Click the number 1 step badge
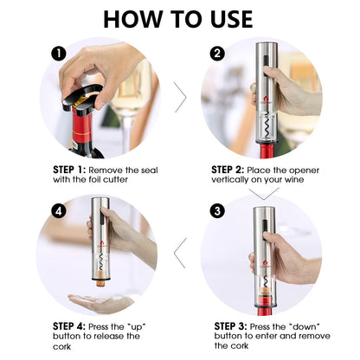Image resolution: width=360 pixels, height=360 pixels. click(58, 53)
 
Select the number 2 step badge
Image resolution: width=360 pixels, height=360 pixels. click(217, 53)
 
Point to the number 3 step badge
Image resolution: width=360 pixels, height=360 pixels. click(217, 210)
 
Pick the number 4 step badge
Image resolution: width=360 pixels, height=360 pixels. click(58, 210)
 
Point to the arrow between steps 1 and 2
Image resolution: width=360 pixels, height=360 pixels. click(181, 98)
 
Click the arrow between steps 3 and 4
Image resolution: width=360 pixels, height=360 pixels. click(181, 254)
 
